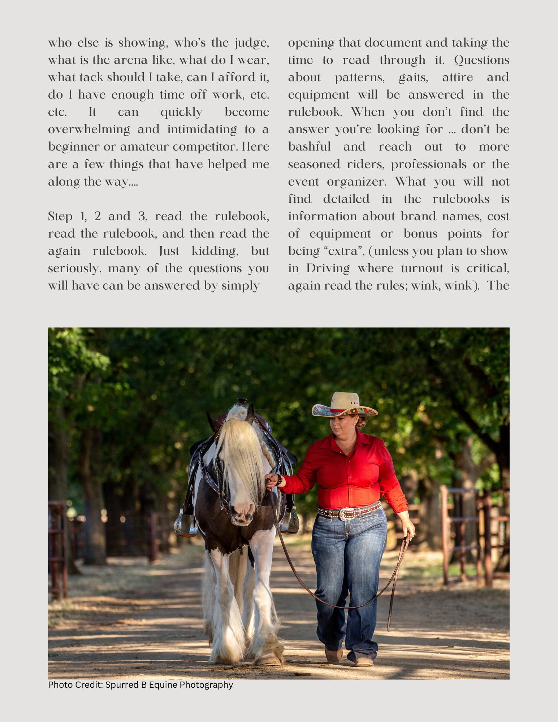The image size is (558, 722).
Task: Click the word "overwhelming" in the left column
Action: coord(89,129)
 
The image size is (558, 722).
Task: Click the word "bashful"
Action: coord(309,147)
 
